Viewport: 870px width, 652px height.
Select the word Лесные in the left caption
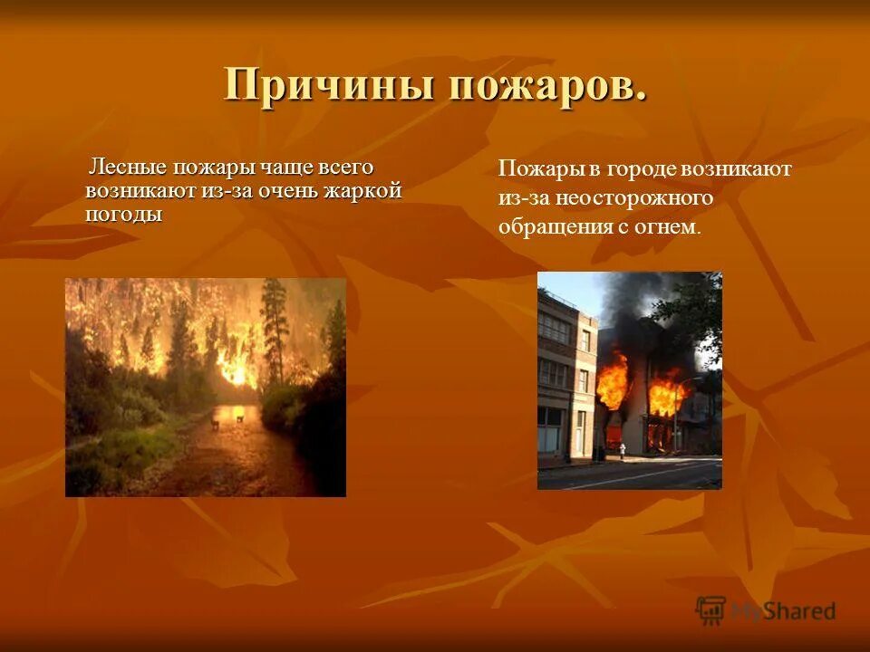[126, 168]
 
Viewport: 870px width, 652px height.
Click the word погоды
[124, 214]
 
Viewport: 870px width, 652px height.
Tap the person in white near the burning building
[623, 448]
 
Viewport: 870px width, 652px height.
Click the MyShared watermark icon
[710, 609]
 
